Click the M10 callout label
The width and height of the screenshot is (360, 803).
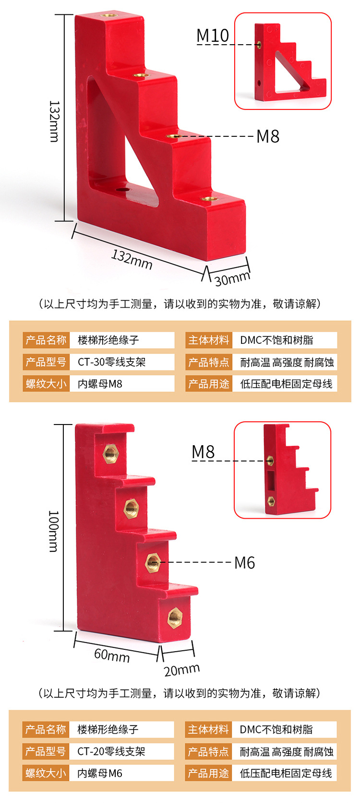213,36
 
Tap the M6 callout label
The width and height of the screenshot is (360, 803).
244,562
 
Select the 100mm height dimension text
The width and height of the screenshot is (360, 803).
53,531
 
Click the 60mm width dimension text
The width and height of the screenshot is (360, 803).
112,655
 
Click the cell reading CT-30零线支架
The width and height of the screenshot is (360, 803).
112,362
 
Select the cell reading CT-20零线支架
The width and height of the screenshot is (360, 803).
111,752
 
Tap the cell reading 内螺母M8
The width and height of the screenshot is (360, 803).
100,384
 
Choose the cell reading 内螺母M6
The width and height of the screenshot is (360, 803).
100,773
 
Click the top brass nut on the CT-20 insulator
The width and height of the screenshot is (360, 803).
111,452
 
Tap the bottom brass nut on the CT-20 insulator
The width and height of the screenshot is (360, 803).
174,618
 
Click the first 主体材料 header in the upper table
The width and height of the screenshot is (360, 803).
209,340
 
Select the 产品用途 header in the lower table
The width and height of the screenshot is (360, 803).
208,773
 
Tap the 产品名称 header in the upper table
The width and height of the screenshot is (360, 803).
46,340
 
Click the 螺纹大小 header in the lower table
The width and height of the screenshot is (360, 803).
46,773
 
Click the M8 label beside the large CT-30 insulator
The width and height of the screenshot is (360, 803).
267,136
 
